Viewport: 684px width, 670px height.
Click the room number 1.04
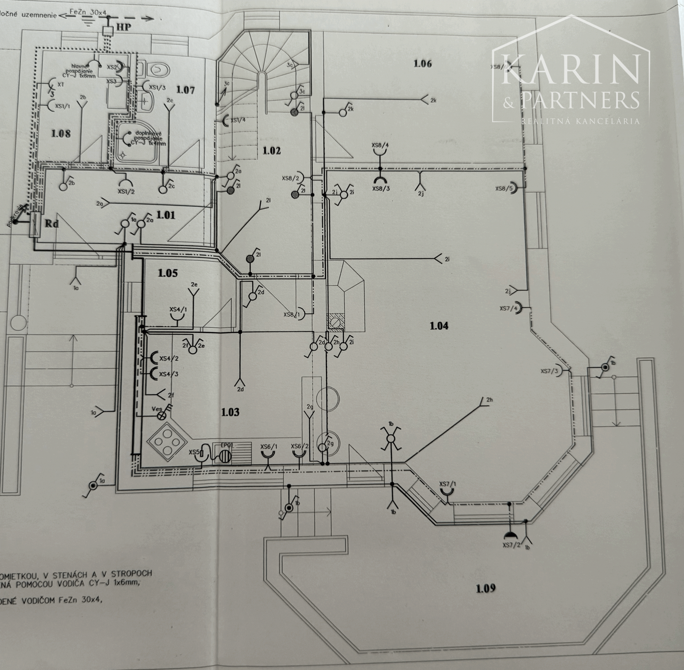click(439, 326)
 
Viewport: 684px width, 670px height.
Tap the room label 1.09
click(486, 588)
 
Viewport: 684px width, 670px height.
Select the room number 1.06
click(422, 64)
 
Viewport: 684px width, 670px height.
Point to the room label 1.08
click(61, 134)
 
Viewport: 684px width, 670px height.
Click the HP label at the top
click(124, 27)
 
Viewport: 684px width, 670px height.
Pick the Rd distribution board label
click(51, 223)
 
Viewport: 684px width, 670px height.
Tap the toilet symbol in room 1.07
click(160, 70)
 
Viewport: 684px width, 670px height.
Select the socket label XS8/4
click(380, 145)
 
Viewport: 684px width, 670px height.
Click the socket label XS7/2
click(511, 545)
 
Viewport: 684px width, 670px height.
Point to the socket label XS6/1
click(269, 447)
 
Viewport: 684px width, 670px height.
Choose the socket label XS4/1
click(178, 309)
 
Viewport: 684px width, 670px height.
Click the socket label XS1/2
click(126, 192)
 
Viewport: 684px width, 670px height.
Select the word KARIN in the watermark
click(570, 70)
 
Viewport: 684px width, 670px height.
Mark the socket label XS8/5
click(504, 189)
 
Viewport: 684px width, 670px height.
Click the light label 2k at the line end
click(433, 101)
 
